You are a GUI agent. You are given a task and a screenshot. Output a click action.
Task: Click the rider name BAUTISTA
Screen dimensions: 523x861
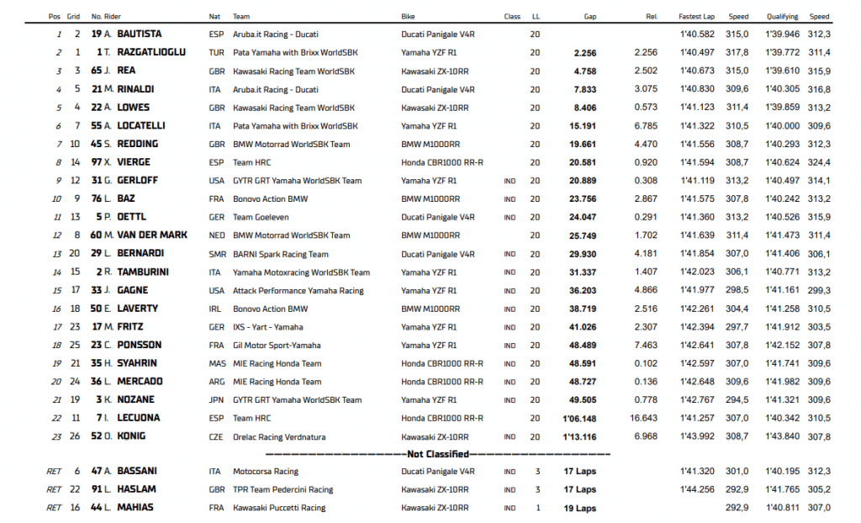pyautogui.click(x=140, y=34)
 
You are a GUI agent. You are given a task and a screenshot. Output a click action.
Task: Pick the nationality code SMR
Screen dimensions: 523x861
pyautogui.click(x=216, y=254)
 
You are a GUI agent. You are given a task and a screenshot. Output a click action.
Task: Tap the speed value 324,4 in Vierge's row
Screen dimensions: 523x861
pyautogui.click(x=819, y=162)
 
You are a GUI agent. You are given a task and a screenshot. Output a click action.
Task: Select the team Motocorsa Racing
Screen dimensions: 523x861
pyautogui.click(x=266, y=472)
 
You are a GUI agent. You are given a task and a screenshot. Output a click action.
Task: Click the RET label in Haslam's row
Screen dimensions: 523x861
pyautogui.click(x=54, y=489)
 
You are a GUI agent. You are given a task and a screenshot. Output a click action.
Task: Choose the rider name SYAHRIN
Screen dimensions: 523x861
pyautogui.click(x=139, y=363)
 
